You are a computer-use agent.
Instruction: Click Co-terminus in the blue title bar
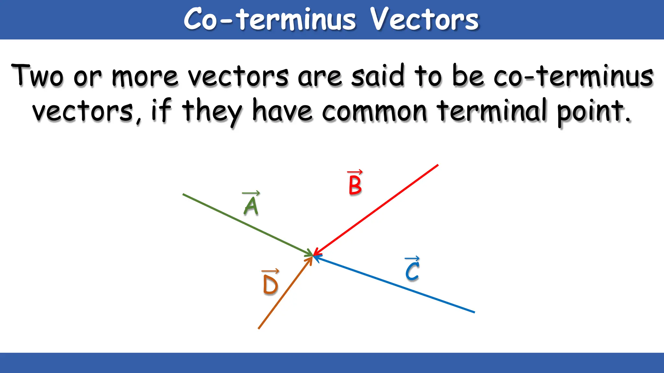pos(270,19)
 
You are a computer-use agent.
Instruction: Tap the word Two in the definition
pos(37,76)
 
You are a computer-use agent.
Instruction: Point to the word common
pos(374,111)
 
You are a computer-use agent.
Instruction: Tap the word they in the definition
pos(212,112)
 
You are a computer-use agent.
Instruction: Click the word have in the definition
pos(282,111)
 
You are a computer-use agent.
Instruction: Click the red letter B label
pos(355,185)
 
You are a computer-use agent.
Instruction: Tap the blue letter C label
pos(412,271)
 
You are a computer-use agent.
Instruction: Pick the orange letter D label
pos(270,285)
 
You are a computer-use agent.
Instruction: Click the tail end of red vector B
pos(438,165)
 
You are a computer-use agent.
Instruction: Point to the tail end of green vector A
pos(184,194)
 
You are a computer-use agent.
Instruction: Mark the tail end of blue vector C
pos(474,312)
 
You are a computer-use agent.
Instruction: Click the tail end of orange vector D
pos(259,328)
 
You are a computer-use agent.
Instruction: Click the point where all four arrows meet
pos(313,255)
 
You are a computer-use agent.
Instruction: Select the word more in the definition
pos(145,77)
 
